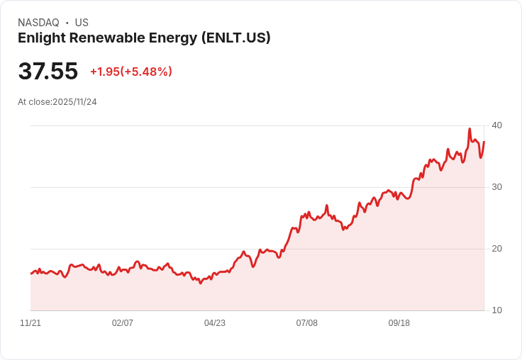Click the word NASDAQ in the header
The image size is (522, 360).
click(x=38, y=23)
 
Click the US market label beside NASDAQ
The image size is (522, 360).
click(x=82, y=23)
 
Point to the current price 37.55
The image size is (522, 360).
click(x=48, y=72)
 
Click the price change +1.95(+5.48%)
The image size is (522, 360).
click(x=130, y=72)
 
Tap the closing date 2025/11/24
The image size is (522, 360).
click(x=74, y=102)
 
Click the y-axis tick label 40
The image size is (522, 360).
click(x=497, y=125)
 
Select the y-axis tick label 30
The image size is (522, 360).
click(x=497, y=187)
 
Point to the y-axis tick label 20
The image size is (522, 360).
click(x=497, y=249)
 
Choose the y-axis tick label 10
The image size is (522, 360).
click(x=497, y=310)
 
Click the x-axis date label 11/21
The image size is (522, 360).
click(x=30, y=323)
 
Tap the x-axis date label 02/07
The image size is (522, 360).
click(x=123, y=323)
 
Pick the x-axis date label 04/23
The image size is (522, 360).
click(x=215, y=323)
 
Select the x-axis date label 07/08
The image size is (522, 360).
click(x=307, y=323)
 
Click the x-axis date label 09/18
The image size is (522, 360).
click(x=399, y=323)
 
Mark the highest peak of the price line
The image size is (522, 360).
click(x=470, y=129)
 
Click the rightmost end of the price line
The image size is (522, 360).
click(x=484, y=142)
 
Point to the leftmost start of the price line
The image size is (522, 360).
click(x=30, y=273)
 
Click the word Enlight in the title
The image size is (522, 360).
click(x=42, y=38)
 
